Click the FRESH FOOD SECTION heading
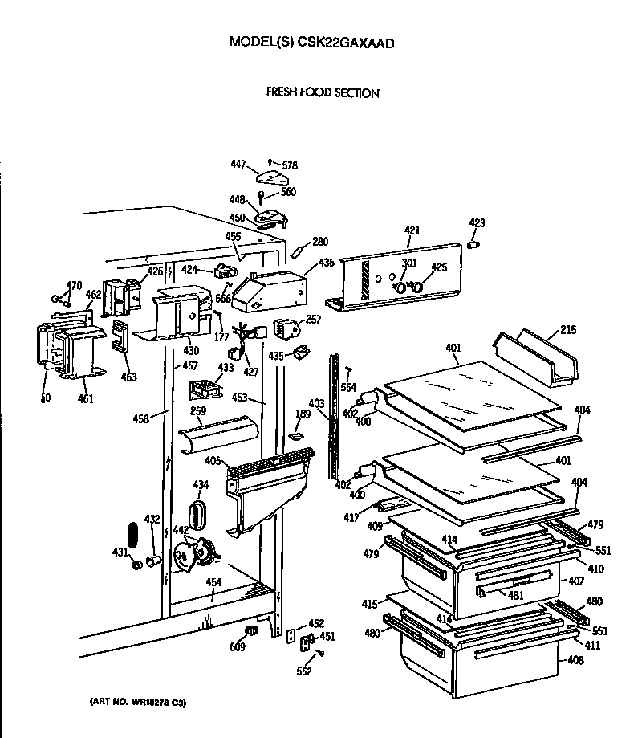[x=323, y=93]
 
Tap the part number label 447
[x=238, y=164]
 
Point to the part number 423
[x=477, y=223]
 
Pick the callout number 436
[x=327, y=263]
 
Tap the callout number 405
[x=213, y=460]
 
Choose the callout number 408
[x=575, y=661]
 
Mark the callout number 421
[x=412, y=231]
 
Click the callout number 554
[x=347, y=387]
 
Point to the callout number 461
[x=85, y=399]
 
